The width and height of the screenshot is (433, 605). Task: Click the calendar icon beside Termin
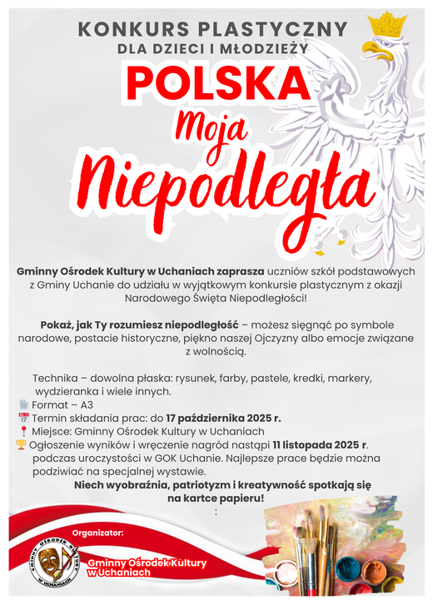click(23, 418)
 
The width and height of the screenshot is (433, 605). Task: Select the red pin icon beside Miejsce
click(23, 431)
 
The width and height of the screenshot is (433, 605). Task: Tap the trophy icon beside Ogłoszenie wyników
click(21, 445)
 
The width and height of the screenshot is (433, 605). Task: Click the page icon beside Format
click(23, 404)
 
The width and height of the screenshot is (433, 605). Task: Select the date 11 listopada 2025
click(319, 445)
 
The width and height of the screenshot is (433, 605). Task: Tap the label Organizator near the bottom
click(98, 530)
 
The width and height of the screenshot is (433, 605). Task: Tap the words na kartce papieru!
click(216, 498)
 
